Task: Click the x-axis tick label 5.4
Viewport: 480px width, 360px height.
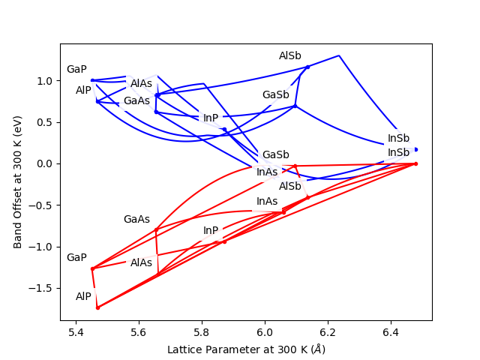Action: [76, 332]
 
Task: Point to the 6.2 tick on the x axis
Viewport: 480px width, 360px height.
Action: [328, 332]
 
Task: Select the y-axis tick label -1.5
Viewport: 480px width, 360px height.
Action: [44, 288]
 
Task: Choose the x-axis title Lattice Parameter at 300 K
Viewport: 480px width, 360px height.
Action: [246, 349]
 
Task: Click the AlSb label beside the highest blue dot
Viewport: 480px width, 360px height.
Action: [290, 56]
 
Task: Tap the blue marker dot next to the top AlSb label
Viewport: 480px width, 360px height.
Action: [307, 67]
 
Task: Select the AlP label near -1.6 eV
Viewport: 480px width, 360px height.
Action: [83, 297]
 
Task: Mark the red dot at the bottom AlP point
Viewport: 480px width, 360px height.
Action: [97, 307]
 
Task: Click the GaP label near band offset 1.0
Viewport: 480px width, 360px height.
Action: [76, 70]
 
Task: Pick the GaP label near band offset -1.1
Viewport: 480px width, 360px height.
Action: [76, 258]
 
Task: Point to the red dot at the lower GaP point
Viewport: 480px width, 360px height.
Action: [92, 268]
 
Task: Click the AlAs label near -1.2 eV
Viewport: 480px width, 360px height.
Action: [142, 263]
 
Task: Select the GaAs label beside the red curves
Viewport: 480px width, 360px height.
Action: [136, 220]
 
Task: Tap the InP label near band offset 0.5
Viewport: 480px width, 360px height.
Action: [211, 118]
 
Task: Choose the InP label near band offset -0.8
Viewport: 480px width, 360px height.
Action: [211, 231]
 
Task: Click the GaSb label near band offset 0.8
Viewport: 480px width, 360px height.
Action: [275, 95]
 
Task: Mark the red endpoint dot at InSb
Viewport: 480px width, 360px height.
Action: [415, 163]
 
